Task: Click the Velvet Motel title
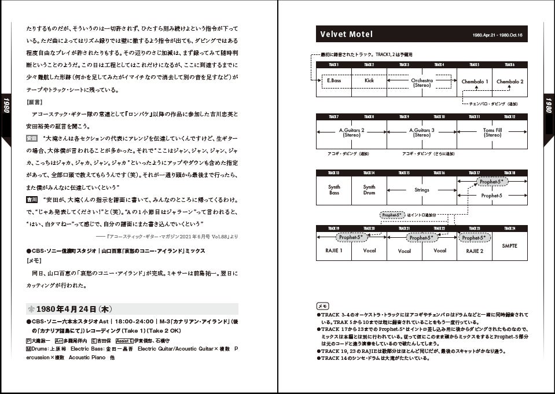[x=347, y=35]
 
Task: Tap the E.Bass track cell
[x=333, y=82]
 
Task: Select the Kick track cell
[x=369, y=82]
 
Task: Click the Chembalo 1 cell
[x=475, y=82]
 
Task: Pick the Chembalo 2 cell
[x=509, y=82]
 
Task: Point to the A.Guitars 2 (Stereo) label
[x=351, y=132]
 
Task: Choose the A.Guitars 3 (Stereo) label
[x=421, y=132]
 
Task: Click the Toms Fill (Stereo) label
[x=492, y=132]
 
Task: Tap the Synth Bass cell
[x=334, y=190]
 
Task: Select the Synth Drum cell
[x=369, y=190]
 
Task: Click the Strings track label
[x=421, y=190]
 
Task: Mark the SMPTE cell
[x=510, y=246]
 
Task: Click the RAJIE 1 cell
[x=334, y=251]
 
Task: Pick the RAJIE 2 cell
[x=475, y=251]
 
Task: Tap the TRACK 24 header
[x=510, y=228]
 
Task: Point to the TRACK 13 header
[x=334, y=173]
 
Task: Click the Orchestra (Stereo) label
[x=421, y=83]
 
